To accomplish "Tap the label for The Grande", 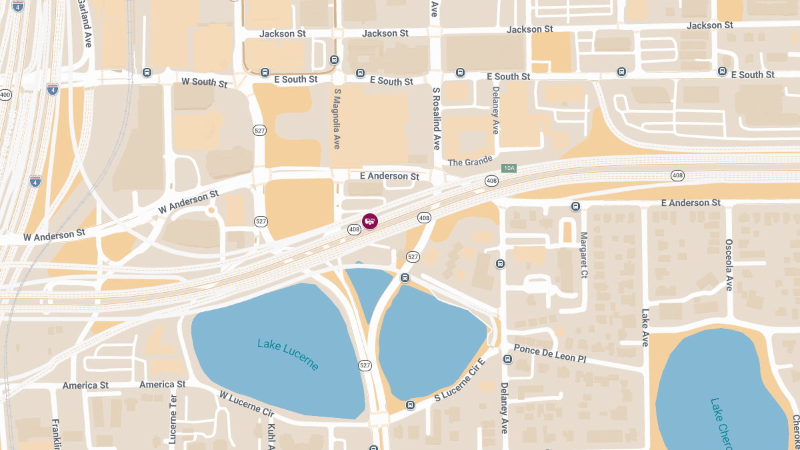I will [469, 162].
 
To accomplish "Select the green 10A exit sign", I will [509, 169].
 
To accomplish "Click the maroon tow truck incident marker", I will [370, 221].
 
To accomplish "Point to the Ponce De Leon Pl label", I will [550, 354].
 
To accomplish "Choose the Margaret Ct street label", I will [584, 254].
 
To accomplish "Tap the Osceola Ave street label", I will [729, 265].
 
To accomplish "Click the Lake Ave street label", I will [645, 327].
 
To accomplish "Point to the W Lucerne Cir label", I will [247, 403].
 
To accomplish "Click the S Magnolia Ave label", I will [337, 118].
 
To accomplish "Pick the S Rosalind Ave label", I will [436, 118].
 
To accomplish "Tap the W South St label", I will [204, 83].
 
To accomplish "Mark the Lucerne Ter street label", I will [173, 419].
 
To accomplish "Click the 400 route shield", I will [5, 95].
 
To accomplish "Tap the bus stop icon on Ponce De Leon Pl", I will [507, 359].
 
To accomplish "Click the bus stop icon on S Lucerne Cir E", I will [410, 405].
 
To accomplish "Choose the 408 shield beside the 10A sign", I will [491, 181].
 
